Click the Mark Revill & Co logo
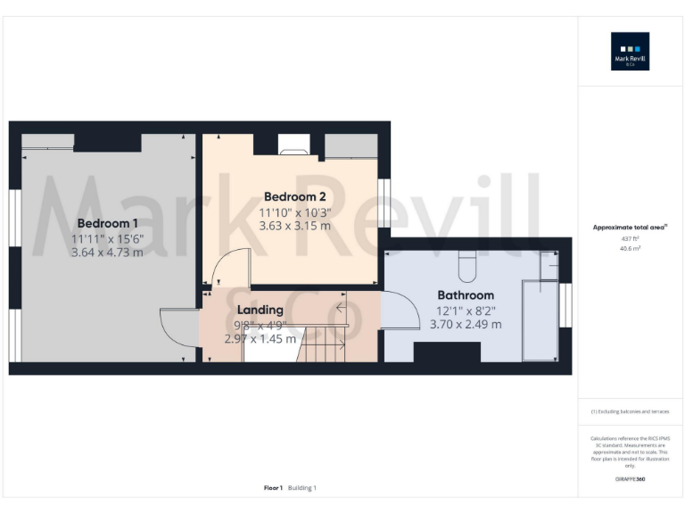coord(630,51)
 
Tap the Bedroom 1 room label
coord(107,223)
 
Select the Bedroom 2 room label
coord(294,196)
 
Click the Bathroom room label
coord(465,295)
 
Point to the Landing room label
coord(260,310)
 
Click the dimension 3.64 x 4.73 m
coord(107,253)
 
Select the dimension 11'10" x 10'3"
coord(294,211)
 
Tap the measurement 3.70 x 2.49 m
coord(465,324)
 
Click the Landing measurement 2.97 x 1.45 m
coord(260,339)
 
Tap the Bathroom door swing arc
coord(401,312)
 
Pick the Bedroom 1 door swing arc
coord(178,326)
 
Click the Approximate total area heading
coord(630,228)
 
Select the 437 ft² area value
coord(630,239)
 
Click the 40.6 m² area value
coord(630,249)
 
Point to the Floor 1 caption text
coord(273,488)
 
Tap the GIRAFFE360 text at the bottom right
coord(630,479)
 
